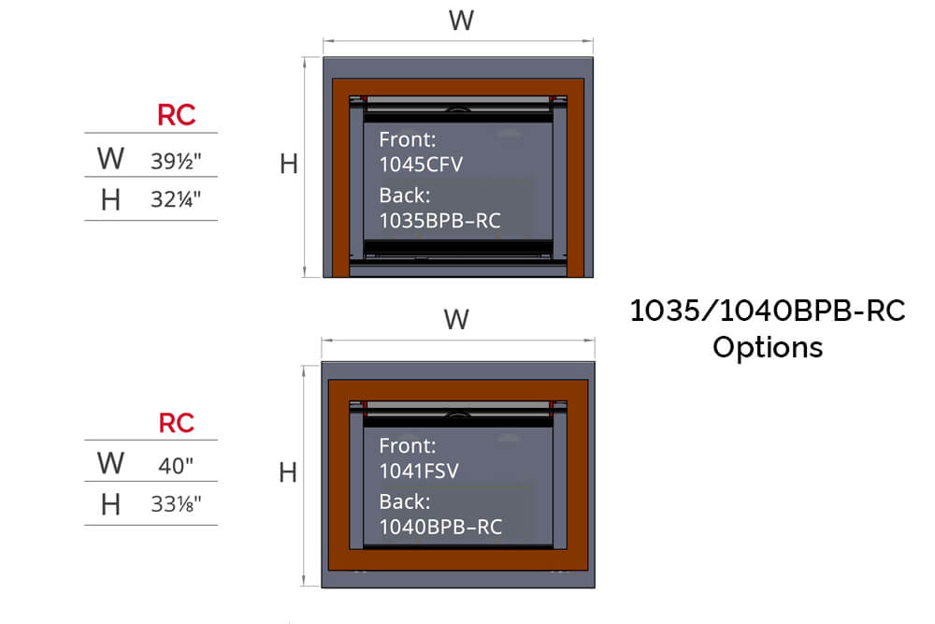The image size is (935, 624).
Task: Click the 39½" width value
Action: (176, 160)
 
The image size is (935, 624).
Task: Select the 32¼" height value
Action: (176, 199)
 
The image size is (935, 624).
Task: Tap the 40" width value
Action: (176, 465)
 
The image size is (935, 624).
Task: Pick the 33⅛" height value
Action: (176, 504)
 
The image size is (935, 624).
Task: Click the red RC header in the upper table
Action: (176, 116)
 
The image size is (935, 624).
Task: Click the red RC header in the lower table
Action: (176, 423)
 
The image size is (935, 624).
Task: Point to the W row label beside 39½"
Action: (110, 159)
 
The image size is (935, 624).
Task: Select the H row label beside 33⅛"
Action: (110, 504)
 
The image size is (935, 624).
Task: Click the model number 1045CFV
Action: (421, 165)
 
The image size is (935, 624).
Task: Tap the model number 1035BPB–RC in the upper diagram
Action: (439, 221)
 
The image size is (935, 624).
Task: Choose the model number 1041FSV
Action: (419, 471)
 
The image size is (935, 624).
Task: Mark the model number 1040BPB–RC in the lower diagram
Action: (439, 527)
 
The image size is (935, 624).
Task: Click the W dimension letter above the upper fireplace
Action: (461, 21)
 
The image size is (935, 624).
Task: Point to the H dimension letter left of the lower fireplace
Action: (288, 473)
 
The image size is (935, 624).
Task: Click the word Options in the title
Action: (767, 347)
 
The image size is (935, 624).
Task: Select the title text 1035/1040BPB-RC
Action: (768, 311)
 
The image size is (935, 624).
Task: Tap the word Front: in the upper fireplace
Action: (407, 140)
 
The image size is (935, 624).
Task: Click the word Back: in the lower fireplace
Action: (404, 501)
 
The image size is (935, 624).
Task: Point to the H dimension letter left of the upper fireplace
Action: (289, 165)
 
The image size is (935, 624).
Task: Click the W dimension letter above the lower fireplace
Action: (456, 320)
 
